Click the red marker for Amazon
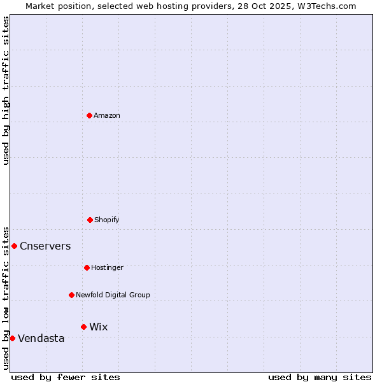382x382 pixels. point(89,115)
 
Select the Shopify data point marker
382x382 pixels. point(90,220)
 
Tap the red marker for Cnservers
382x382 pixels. point(14,246)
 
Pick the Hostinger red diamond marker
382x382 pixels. point(87,267)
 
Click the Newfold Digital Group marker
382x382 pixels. point(71,295)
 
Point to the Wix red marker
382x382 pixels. point(83,327)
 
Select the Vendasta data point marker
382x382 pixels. point(12,338)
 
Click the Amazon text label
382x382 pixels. point(107,115)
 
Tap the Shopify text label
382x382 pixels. point(107,220)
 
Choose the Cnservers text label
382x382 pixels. point(45,246)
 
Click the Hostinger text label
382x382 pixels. point(107,267)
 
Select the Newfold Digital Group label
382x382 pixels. point(113,295)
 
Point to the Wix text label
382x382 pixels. point(99,327)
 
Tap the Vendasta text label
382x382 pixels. point(41,339)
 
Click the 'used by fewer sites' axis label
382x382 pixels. point(66,377)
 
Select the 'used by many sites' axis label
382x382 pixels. point(320,377)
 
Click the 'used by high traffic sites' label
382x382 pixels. point(6,91)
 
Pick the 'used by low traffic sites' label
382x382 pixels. point(6,297)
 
